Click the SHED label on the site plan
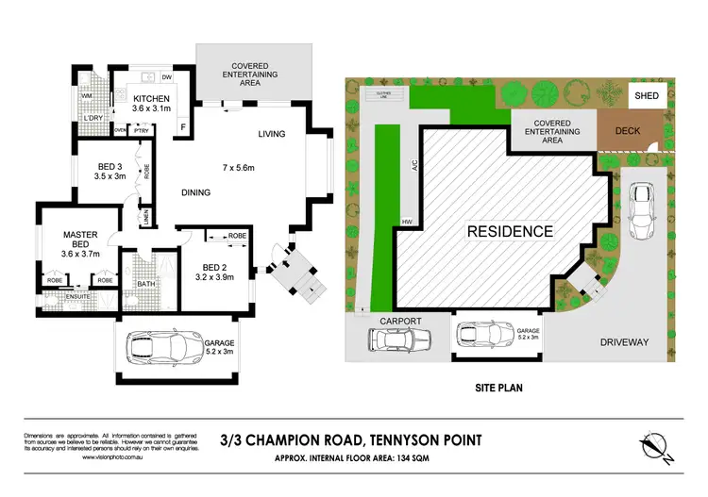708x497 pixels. click(649, 94)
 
